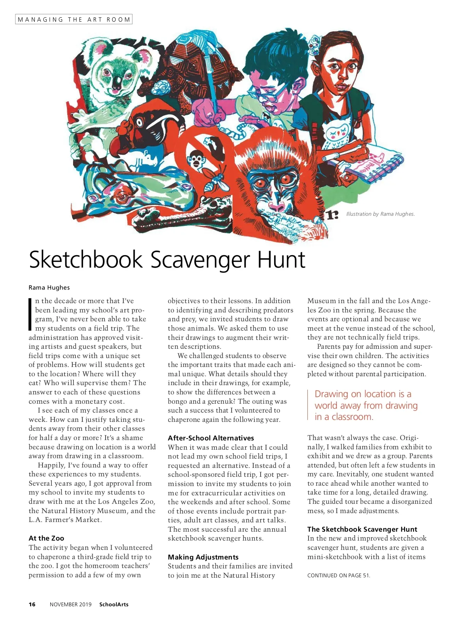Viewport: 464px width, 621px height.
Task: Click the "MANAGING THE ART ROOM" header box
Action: coord(73,19)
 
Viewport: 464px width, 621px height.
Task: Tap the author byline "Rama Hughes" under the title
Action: coord(49,287)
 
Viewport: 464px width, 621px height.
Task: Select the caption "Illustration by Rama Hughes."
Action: coord(380,214)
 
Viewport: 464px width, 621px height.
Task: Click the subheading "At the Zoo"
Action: coord(46,538)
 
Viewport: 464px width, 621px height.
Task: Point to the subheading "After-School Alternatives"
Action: coord(211,438)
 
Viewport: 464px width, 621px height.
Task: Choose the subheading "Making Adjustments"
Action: coord(203,557)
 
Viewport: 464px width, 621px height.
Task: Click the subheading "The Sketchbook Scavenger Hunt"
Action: coord(362,529)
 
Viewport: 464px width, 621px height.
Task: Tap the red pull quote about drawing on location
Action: coord(366,405)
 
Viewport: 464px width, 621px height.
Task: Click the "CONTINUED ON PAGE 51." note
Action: coord(338,575)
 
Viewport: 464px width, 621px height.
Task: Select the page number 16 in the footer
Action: coord(32,604)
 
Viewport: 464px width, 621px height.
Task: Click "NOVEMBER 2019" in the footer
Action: coord(70,604)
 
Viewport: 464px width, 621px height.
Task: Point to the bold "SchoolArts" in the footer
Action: coord(114,604)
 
